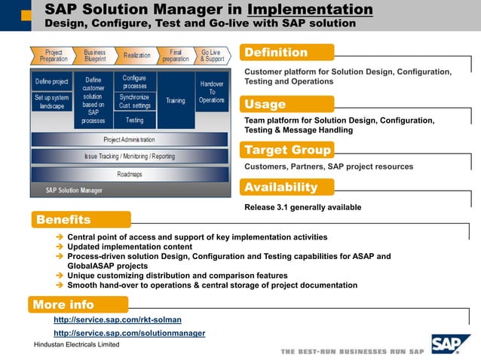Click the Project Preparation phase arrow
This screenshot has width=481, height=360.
tap(54, 55)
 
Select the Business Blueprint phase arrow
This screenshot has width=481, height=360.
tap(95, 55)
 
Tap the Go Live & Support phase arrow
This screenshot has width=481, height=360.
tap(212, 55)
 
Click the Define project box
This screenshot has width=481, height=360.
tap(52, 81)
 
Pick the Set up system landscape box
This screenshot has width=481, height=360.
tap(52, 102)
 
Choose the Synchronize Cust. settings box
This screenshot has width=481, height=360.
tap(135, 101)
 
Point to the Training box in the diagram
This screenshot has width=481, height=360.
tap(175, 100)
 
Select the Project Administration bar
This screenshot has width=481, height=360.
tap(129, 139)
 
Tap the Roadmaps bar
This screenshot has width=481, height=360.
tap(129, 174)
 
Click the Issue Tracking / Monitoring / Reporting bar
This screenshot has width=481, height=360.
tap(129, 156)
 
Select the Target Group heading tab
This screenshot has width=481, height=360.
tap(286, 150)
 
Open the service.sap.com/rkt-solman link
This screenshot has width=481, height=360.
tap(117, 320)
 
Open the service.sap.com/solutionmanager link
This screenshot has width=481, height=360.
tap(129, 333)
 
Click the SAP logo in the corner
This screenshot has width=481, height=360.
tap(450, 343)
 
